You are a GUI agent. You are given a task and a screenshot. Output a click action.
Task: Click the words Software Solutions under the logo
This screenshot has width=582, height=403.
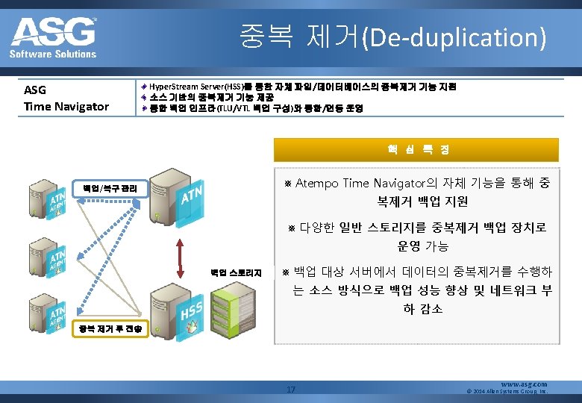point(53,54)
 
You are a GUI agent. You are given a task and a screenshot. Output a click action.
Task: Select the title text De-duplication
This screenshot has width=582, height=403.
point(454,37)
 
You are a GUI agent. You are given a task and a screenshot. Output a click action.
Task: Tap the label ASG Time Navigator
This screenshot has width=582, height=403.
point(66,99)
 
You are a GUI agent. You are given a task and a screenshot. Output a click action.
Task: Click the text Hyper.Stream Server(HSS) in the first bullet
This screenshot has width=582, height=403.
point(195,87)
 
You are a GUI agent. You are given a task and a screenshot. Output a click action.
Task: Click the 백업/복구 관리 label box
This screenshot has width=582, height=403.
point(110,188)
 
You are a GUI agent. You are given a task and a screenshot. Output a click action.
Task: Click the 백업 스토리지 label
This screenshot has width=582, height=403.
point(235,273)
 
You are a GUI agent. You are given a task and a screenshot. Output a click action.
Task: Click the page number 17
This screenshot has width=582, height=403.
point(291,389)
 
